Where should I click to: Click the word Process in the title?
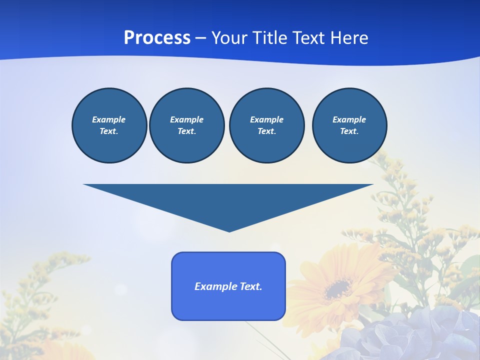pyautogui.click(x=157, y=38)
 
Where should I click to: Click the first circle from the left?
pyautogui.click(x=109, y=125)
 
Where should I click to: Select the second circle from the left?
pyautogui.click(x=186, y=125)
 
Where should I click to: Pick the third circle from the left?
pyautogui.click(x=266, y=125)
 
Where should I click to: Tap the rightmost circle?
pyautogui.click(x=349, y=125)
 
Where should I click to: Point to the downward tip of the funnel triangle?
pyautogui.click(x=229, y=230)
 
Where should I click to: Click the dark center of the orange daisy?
pyautogui.click(x=338, y=288)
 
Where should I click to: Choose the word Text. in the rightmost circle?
pyautogui.click(x=349, y=131)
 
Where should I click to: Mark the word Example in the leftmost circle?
pyautogui.click(x=109, y=119)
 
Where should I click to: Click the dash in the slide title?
pyautogui.click(x=200, y=38)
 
